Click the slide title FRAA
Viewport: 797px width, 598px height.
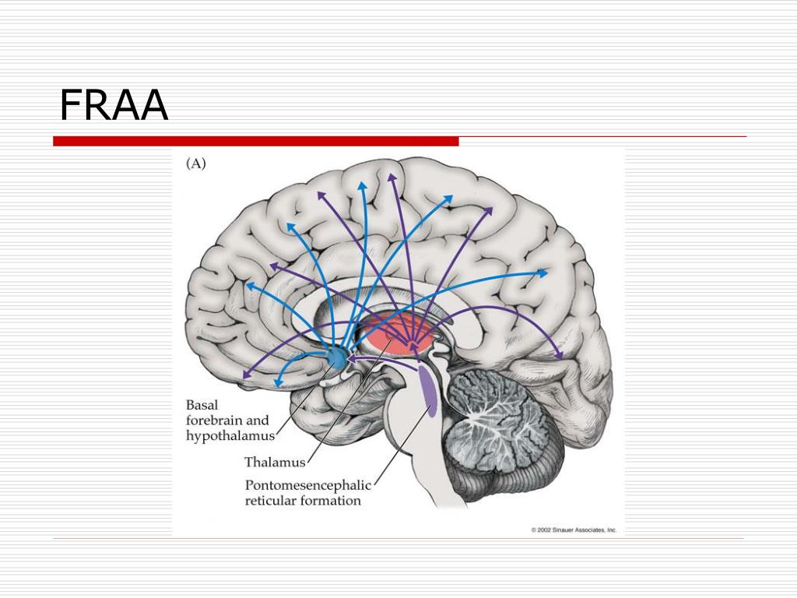tap(114, 105)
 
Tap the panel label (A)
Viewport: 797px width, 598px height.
tap(195, 164)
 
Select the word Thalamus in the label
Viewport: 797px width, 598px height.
tap(275, 462)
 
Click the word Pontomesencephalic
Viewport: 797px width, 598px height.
tap(308, 484)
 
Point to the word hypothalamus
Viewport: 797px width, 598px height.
tap(230, 436)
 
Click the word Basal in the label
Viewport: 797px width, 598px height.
tap(202, 405)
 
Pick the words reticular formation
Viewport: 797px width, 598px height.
tap(303, 501)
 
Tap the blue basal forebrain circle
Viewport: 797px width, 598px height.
tap(336, 357)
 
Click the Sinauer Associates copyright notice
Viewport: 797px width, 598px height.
tap(574, 529)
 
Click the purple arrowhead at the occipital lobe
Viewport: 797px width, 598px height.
tap(559, 356)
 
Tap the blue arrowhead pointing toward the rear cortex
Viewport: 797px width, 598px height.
tap(543, 273)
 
